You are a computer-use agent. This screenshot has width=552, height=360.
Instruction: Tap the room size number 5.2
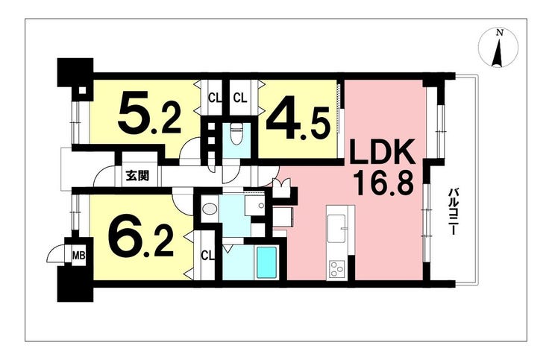(149, 113)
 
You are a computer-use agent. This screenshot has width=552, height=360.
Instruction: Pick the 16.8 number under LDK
(384, 183)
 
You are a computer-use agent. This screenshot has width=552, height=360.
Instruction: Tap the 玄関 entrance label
(137, 175)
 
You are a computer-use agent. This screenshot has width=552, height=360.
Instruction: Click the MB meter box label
(78, 255)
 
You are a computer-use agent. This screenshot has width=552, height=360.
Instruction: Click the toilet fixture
(234, 135)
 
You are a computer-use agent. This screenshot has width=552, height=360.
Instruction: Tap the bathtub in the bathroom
(266, 262)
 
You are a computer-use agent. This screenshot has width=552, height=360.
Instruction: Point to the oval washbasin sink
(210, 209)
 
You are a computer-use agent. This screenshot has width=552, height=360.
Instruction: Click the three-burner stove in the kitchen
(336, 270)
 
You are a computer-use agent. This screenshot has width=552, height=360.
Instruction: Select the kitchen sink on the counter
(337, 228)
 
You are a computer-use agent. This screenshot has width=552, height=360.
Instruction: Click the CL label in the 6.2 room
(207, 256)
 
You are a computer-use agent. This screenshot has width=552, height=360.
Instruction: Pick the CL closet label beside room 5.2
(215, 98)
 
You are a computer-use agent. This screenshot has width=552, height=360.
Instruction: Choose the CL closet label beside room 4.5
(240, 98)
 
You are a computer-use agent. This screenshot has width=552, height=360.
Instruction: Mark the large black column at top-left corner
(75, 72)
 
